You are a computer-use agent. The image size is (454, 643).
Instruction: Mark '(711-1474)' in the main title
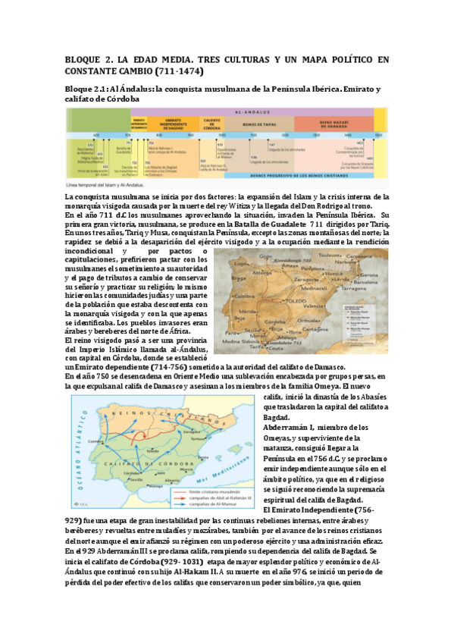182,71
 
